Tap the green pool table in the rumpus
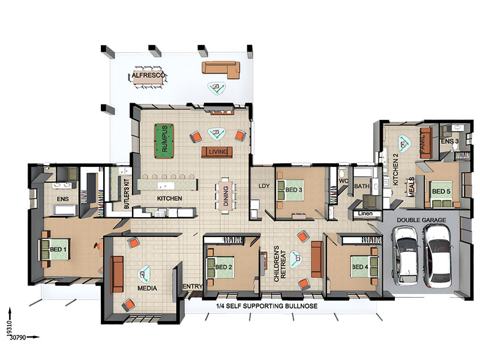[x=163, y=139]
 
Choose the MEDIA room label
[x=147, y=289]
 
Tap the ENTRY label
[x=193, y=287]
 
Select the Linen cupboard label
[x=365, y=214]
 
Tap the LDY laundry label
[x=264, y=185]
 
